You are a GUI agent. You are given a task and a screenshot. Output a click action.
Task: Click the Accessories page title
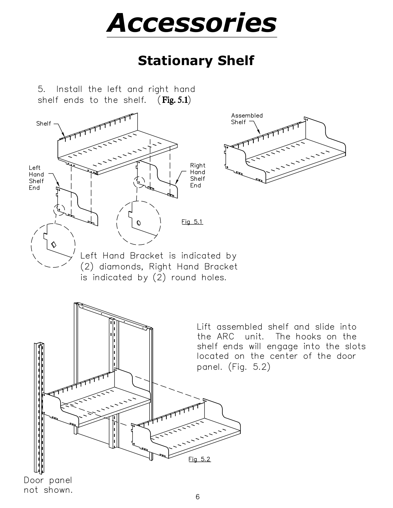point(192,23)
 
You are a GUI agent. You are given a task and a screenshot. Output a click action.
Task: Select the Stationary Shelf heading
point(196,60)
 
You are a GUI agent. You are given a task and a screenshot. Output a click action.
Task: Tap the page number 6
point(198,497)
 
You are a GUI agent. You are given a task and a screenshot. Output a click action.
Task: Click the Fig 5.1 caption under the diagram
point(192,222)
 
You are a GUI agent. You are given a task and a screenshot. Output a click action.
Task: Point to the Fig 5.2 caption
point(200,459)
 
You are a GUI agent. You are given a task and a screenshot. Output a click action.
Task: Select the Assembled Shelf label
point(247,119)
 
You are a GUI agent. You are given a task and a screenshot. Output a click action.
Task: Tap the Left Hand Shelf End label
point(36,177)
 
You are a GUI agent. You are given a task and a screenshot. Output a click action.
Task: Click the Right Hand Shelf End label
point(198,175)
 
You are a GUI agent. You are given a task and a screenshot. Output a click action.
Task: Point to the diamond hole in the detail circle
point(54,244)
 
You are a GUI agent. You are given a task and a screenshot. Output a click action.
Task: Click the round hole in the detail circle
point(138,223)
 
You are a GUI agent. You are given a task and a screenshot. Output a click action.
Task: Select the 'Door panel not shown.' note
point(48,485)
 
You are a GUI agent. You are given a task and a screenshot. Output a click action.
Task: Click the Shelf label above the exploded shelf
point(44,124)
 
